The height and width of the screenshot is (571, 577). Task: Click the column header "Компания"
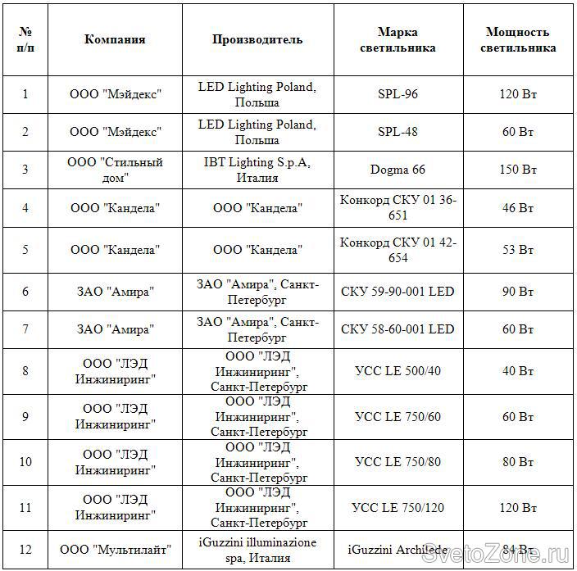(x=115, y=39)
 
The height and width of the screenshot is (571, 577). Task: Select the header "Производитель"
(x=257, y=39)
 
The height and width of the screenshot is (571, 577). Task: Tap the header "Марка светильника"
(x=398, y=39)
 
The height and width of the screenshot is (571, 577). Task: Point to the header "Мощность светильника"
(x=517, y=39)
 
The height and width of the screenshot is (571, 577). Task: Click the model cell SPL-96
(x=398, y=94)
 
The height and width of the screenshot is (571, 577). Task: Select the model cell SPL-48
(x=398, y=132)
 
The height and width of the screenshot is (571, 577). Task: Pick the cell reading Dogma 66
(x=398, y=170)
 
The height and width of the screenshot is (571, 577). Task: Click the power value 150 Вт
(x=517, y=170)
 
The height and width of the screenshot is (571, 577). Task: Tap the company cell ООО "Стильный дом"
(x=115, y=170)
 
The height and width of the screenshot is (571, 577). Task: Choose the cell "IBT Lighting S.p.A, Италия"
(x=257, y=170)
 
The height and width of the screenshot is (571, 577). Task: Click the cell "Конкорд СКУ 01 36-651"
(x=398, y=207)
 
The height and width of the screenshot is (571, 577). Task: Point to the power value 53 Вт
(x=517, y=250)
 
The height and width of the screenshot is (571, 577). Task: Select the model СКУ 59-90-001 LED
(x=398, y=292)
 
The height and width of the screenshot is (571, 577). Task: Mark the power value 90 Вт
(x=517, y=292)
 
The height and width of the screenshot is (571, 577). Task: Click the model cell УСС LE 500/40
(x=398, y=371)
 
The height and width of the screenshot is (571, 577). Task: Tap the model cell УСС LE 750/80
(x=398, y=462)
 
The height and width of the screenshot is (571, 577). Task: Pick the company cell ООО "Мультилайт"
(x=115, y=550)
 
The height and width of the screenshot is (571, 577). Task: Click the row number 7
(x=25, y=329)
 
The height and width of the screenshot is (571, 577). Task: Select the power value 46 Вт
(x=517, y=208)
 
